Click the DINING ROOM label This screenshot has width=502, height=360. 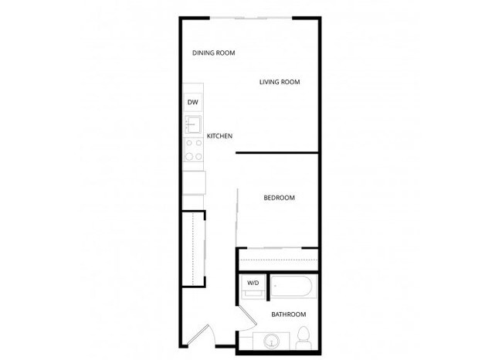[x=213, y=53]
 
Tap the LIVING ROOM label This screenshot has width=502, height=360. [x=279, y=82]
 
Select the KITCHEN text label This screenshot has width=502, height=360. [x=220, y=137]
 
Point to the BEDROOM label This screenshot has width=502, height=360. [x=279, y=198]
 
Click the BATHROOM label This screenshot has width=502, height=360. [x=288, y=314]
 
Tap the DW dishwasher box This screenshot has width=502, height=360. [x=193, y=103]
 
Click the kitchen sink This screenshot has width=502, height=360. [x=193, y=124]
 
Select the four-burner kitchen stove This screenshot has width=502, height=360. [x=193, y=148]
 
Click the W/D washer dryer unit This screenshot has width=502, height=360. [x=253, y=287]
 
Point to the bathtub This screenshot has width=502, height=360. [x=293, y=288]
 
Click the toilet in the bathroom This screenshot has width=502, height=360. [x=304, y=338]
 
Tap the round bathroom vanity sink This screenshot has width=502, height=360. [x=270, y=341]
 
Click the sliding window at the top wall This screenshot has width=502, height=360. [x=252, y=18]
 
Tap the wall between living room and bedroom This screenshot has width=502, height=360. [x=276, y=153]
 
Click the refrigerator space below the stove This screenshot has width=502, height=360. [x=194, y=182]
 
